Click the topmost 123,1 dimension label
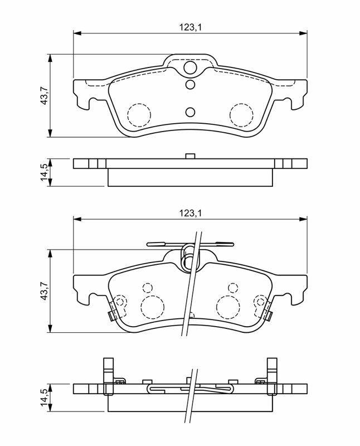tap(190, 27)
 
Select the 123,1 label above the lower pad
tap(190, 213)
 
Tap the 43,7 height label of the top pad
tap(45, 95)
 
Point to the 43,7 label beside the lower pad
tap(45, 290)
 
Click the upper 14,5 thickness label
tap(45, 172)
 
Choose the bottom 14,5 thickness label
tap(45, 397)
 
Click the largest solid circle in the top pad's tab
tap(190, 67)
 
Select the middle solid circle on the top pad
tap(190, 85)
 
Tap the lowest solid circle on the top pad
tap(190, 112)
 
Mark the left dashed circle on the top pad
tap(139, 115)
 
